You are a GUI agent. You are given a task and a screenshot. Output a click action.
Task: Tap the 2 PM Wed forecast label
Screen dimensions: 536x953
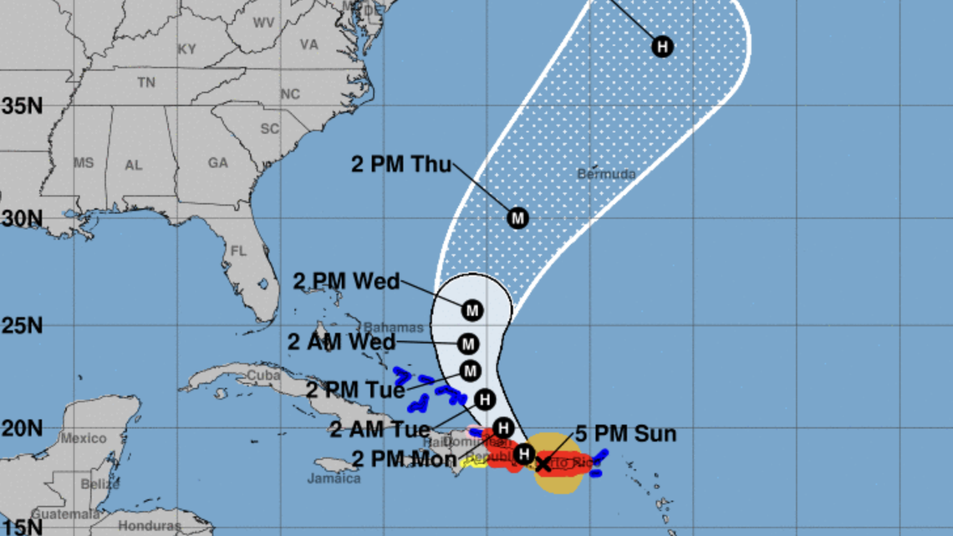pyautogui.click(x=346, y=281)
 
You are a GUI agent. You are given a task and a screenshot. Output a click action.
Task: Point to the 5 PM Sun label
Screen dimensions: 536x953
pyautogui.click(x=626, y=435)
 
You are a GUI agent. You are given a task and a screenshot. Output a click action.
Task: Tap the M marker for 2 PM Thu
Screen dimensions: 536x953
pyautogui.click(x=518, y=218)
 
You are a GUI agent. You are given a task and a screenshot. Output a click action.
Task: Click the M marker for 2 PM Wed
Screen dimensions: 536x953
pyautogui.click(x=472, y=310)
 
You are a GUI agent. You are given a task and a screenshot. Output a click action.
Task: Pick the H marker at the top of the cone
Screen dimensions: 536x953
pyautogui.click(x=663, y=46)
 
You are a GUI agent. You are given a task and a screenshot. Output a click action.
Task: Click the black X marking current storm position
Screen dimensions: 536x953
pyautogui.click(x=543, y=462)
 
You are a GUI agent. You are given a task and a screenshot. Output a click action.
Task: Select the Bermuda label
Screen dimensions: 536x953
pyautogui.click(x=606, y=174)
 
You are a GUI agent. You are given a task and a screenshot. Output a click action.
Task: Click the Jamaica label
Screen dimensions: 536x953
pyautogui.click(x=334, y=478)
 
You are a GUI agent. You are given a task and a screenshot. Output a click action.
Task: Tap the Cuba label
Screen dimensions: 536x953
pyautogui.click(x=263, y=376)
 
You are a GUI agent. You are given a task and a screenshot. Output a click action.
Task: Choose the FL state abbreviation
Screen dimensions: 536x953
pyautogui.click(x=239, y=251)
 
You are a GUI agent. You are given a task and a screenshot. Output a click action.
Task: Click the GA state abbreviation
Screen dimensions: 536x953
pyautogui.click(x=218, y=163)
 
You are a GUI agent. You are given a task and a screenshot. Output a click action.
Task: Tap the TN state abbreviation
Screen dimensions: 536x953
pyautogui.click(x=146, y=82)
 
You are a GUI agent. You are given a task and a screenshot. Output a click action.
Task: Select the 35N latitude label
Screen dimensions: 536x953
pyautogui.click(x=22, y=106)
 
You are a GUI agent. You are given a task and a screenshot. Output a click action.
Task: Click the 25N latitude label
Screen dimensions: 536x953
pyautogui.click(x=22, y=324)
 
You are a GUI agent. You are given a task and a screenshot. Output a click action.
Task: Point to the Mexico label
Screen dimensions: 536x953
pyautogui.click(x=84, y=438)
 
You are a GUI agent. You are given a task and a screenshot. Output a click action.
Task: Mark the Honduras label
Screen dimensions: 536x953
pyautogui.click(x=147, y=526)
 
